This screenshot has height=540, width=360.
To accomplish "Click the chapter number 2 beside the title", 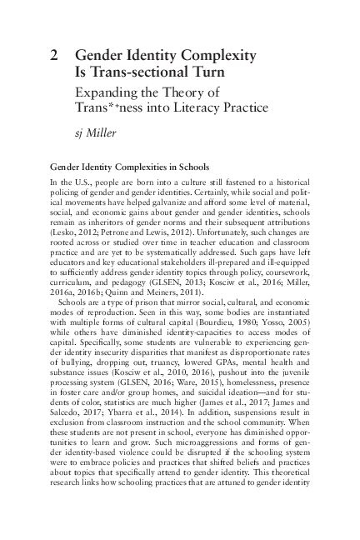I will [x=54, y=56].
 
